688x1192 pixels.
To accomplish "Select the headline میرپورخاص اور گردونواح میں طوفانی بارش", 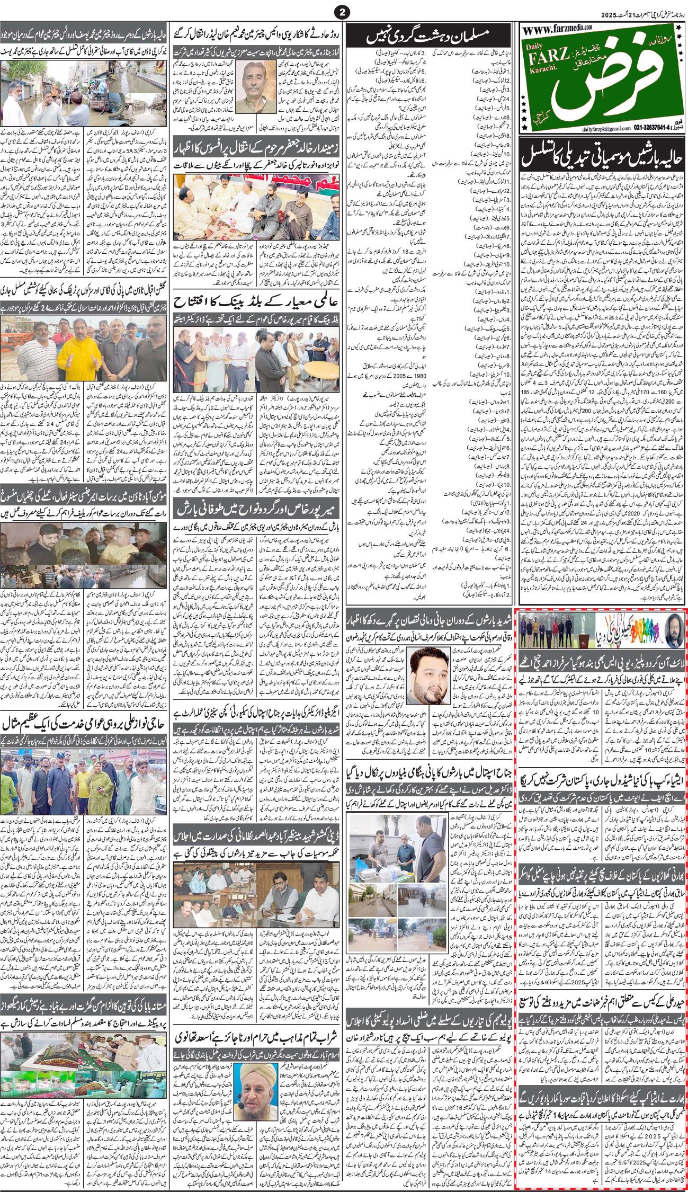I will (257, 514).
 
